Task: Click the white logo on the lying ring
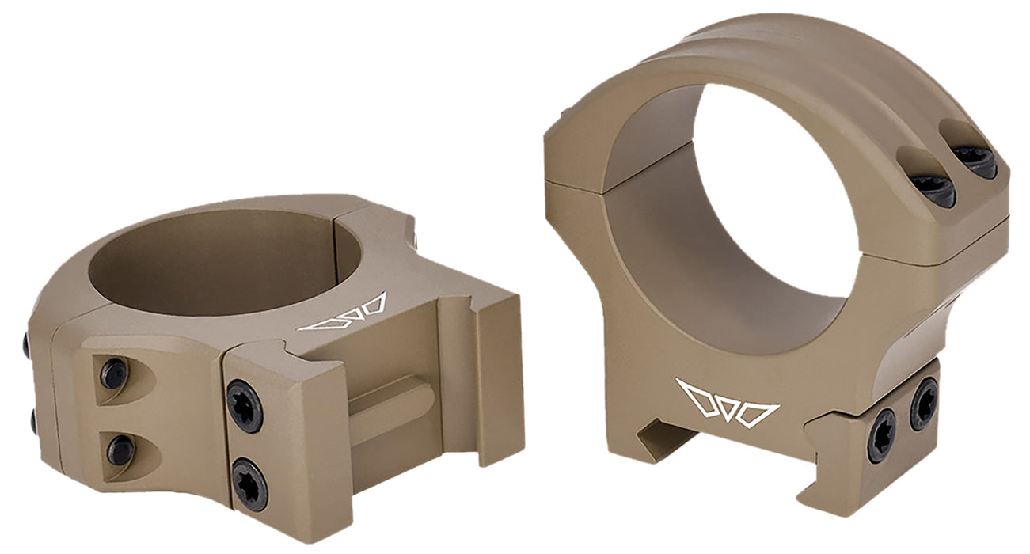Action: (342, 313)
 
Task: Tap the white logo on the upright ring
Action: (726, 403)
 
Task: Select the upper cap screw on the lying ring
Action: (114, 374)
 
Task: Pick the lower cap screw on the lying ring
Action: (120, 450)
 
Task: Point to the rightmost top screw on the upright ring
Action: (973, 161)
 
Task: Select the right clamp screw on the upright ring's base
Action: (923, 404)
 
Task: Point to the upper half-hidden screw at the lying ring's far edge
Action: (27, 345)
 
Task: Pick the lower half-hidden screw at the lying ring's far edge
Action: (34, 422)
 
